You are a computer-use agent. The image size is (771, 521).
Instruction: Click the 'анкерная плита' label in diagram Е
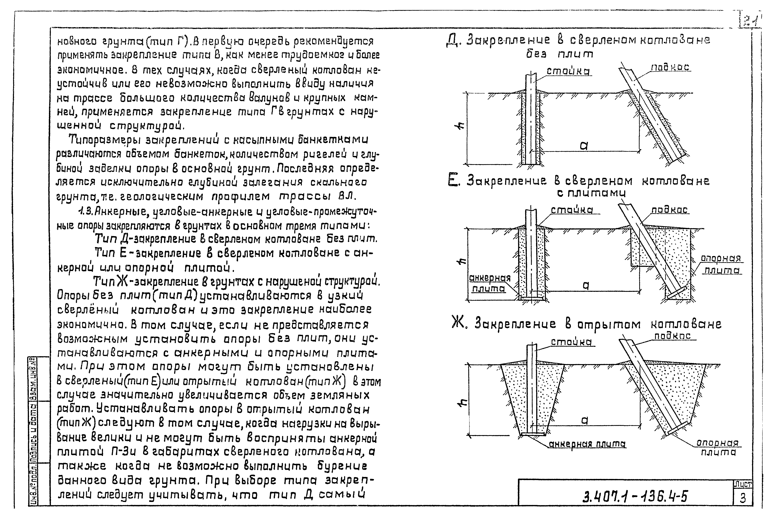pos(489,283)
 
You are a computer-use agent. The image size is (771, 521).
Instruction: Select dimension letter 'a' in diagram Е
pos(586,285)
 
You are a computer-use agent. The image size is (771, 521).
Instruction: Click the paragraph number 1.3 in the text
pos(84,211)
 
